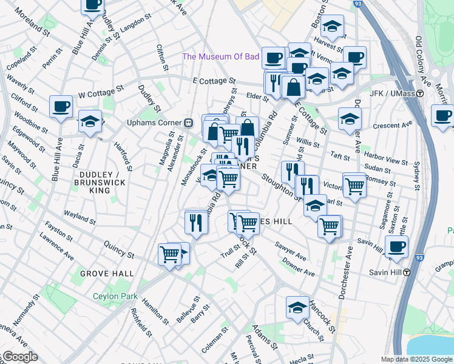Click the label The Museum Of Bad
point(221,57)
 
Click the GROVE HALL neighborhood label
point(107,274)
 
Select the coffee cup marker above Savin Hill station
point(396,246)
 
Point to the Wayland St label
point(81,215)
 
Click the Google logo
point(19,357)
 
